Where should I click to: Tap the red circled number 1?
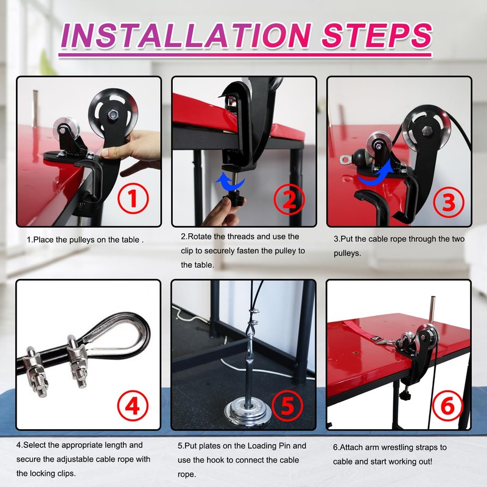[x=133, y=198]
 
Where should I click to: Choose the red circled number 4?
[x=133, y=405]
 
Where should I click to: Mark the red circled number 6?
[x=447, y=405]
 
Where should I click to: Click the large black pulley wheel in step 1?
[x=113, y=114]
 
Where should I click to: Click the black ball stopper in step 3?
[x=359, y=159]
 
